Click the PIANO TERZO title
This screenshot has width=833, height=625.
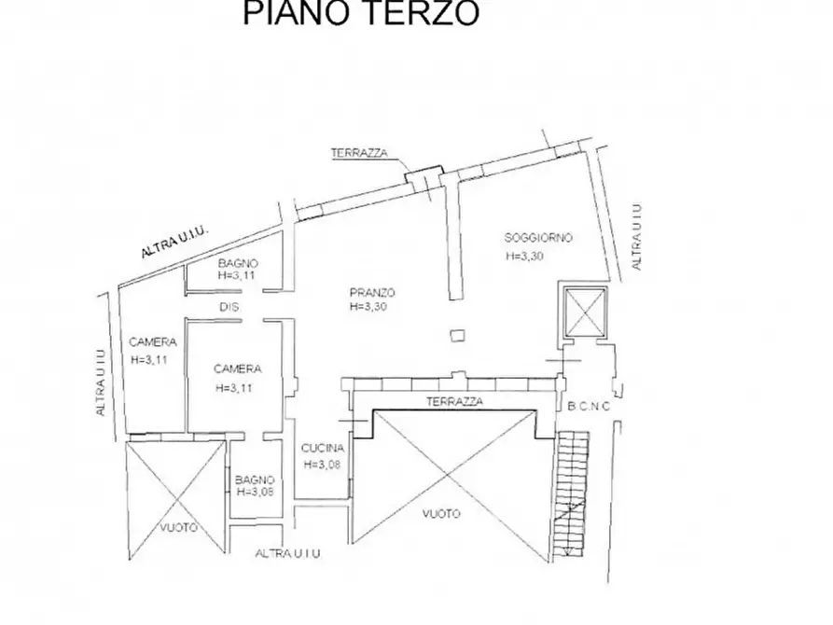[x=361, y=13]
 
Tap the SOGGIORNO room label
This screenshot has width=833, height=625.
[x=538, y=238]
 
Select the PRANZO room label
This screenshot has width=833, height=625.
[x=372, y=292]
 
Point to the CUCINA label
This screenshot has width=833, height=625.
[x=323, y=448]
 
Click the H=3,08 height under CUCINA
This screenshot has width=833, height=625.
[x=322, y=465]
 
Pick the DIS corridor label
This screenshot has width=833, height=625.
[x=229, y=307]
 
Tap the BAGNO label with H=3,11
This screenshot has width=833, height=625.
[x=238, y=263]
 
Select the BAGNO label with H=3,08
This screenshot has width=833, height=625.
[x=255, y=479]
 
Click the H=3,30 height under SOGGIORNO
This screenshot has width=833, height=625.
[x=525, y=256]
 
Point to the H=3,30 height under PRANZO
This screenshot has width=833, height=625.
[x=368, y=307]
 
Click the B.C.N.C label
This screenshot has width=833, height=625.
[x=589, y=407]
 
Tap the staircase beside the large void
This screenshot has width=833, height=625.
[x=571, y=494]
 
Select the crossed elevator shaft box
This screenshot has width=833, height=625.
[x=585, y=312]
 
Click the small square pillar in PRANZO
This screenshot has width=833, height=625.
[x=457, y=335]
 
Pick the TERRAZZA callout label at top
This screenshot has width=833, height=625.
[x=360, y=153]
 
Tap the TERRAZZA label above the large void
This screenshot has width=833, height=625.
[x=455, y=401]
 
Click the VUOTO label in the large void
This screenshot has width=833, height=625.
[x=441, y=514]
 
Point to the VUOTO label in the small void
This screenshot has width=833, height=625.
[x=178, y=527]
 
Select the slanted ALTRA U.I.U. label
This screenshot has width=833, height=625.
[x=176, y=243]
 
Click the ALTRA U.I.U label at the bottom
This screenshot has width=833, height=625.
[x=288, y=553]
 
